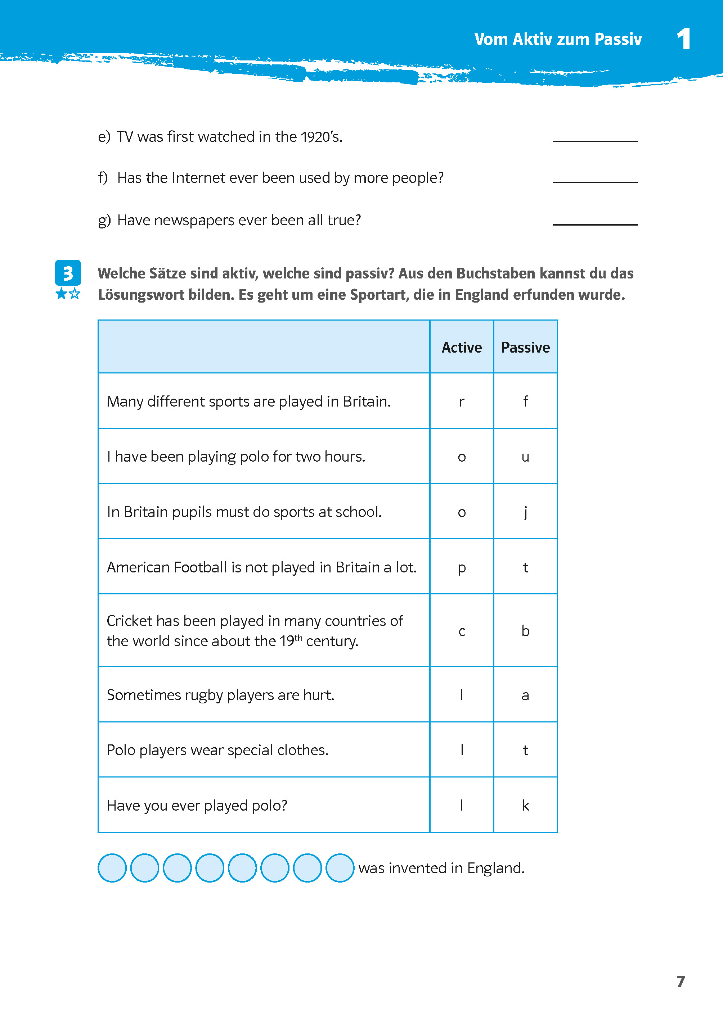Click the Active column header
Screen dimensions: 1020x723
pos(461,348)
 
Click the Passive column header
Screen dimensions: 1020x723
pos(525,348)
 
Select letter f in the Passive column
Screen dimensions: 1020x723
pos(525,401)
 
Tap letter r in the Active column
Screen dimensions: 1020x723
pos(461,402)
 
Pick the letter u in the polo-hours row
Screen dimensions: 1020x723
pos(525,457)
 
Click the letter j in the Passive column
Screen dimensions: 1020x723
pos(525,512)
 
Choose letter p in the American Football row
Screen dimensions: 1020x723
pos(461,568)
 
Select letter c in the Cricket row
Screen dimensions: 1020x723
pos(461,631)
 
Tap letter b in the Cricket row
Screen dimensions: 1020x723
pos(525,631)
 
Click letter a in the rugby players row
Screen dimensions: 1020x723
pos(525,695)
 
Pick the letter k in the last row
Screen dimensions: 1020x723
pos(525,805)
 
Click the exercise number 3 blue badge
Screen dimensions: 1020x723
pos(68,273)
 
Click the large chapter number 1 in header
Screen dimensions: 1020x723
pos(683,39)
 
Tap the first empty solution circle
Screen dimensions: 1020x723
pos(112,867)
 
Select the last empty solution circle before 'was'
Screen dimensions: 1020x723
pos(340,867)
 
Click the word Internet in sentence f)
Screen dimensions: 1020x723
pos(198,178)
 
